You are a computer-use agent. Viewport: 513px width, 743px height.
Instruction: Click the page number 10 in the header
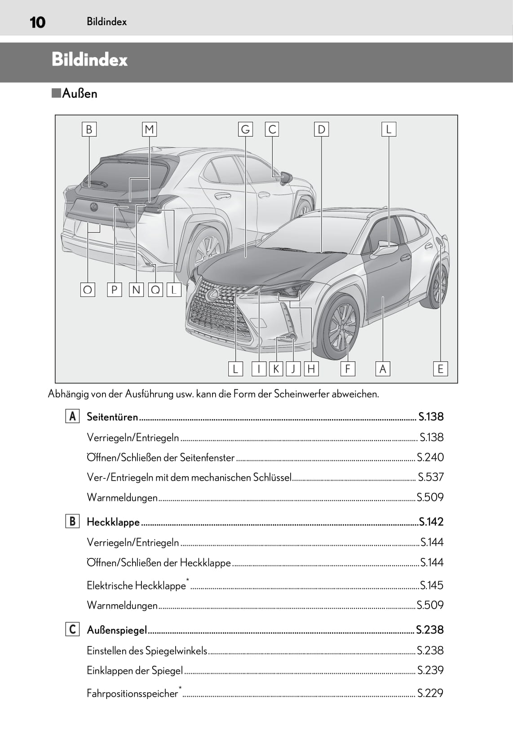click(x=37, y=22)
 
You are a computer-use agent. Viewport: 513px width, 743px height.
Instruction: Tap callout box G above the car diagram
click(x=245, y=129)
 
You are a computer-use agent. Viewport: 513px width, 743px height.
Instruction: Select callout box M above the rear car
click(x=149, y=129)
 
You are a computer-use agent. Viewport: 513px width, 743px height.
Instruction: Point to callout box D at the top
click(x=321, y=129)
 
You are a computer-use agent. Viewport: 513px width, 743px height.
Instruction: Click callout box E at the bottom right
click(x=440, y=368)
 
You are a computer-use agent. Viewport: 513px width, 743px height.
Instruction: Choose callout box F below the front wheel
click(x=348, y=368)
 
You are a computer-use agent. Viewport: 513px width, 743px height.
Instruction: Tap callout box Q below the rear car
click(x=155, y=290)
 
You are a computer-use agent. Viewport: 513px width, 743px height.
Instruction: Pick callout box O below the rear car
click(x=88, y=290)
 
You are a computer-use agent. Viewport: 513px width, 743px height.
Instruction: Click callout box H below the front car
click(x=311, y=368)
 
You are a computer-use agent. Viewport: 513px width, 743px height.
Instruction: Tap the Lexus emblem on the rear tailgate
click(x=94, y=207)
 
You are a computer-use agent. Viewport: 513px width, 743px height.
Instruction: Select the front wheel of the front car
click(x=338, y=326)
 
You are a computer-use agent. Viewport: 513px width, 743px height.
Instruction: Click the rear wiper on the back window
click(x=97, y=183)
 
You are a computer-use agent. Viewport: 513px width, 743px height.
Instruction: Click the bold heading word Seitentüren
click(x=112, y=416)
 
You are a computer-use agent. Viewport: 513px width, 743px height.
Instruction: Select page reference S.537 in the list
click(x=430, y=477)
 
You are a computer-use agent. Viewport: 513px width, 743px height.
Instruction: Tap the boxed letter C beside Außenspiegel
click(x=72, y=629)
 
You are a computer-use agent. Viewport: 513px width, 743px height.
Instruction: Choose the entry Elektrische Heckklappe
click(x=136, y=585)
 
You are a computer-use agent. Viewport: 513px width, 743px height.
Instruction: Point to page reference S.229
click(x=430, y=693)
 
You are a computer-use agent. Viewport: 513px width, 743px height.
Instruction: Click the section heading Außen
click(x=79, y=93)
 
